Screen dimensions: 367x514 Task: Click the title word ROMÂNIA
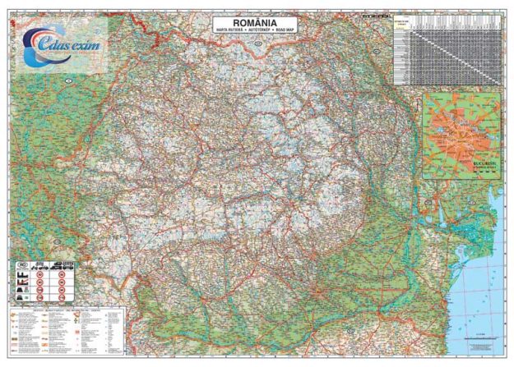(x=256, y=22)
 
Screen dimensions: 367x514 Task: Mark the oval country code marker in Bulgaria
(x=271, y=345)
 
